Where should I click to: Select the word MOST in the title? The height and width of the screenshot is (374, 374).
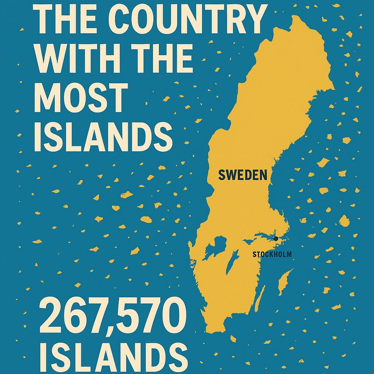tap(81, 98)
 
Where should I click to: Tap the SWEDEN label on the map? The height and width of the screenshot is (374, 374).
tap(243, 175)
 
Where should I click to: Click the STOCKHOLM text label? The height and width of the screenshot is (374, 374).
tap(272, 254)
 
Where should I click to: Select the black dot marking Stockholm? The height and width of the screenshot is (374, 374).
tap(276, 239)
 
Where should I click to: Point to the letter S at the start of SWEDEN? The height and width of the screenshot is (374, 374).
tap(222, 175)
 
